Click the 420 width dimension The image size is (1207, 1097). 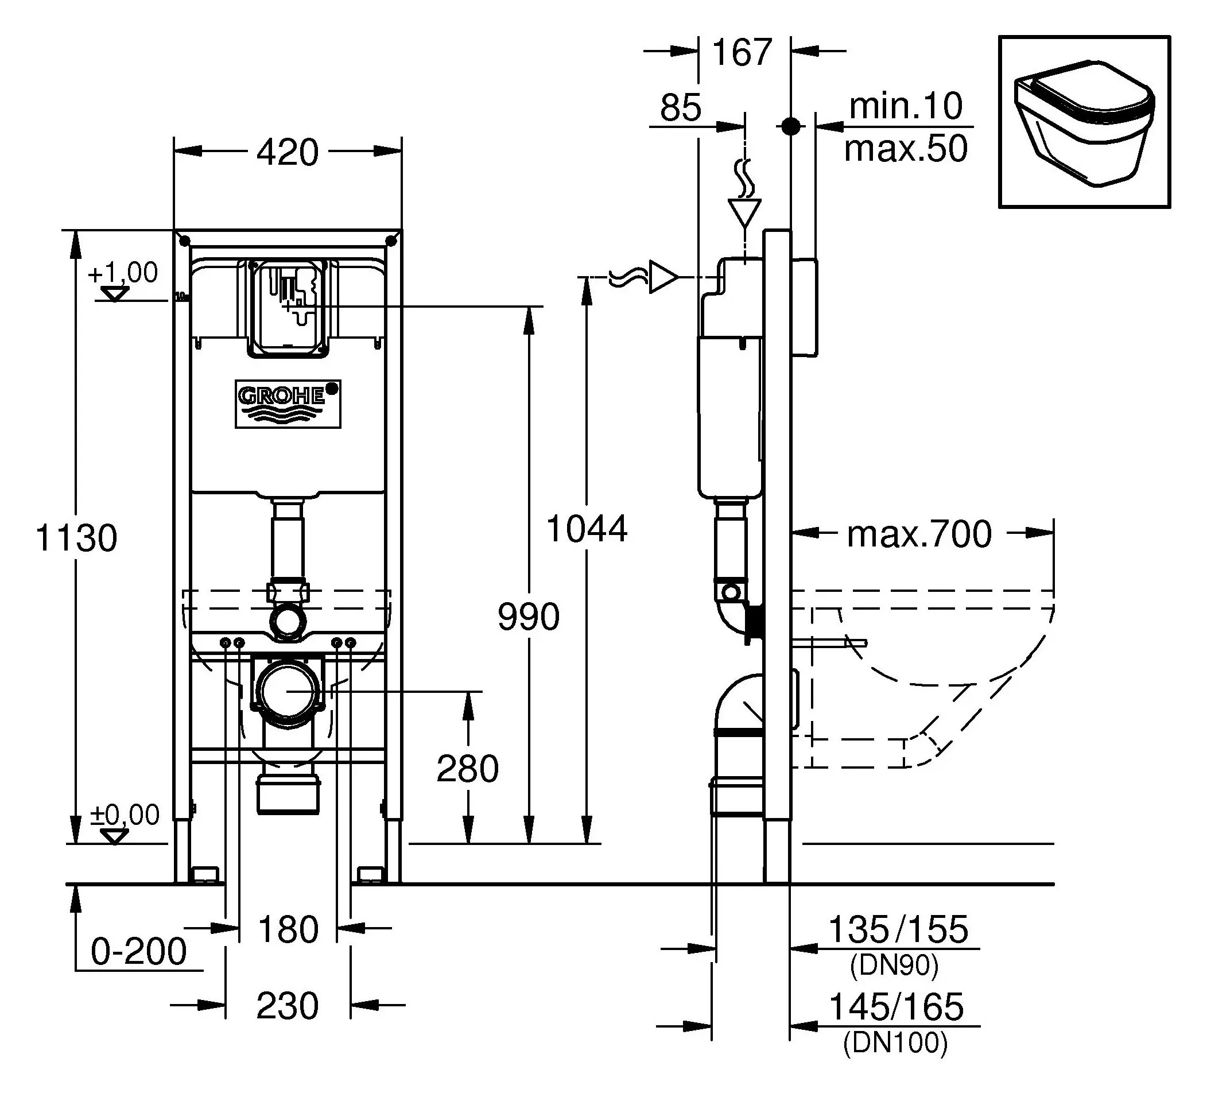[288, 153]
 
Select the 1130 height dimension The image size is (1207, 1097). [77, 537]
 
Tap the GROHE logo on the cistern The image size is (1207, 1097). [288, 404]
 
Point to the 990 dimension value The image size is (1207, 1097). [529, 617]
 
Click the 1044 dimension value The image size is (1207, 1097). [587, 529]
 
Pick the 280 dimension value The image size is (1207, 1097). [467, 768]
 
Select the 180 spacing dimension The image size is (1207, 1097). [288, 929]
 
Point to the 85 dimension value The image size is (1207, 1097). [681, 108]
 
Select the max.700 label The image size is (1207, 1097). [919, 534]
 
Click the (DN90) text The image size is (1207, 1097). [894, 966]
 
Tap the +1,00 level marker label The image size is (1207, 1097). [123, 273]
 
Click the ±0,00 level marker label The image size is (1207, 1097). [125, 815]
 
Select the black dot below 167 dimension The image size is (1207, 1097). [791, 126]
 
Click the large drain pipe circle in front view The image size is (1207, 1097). [288, 691]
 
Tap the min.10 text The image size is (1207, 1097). [905, 106]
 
